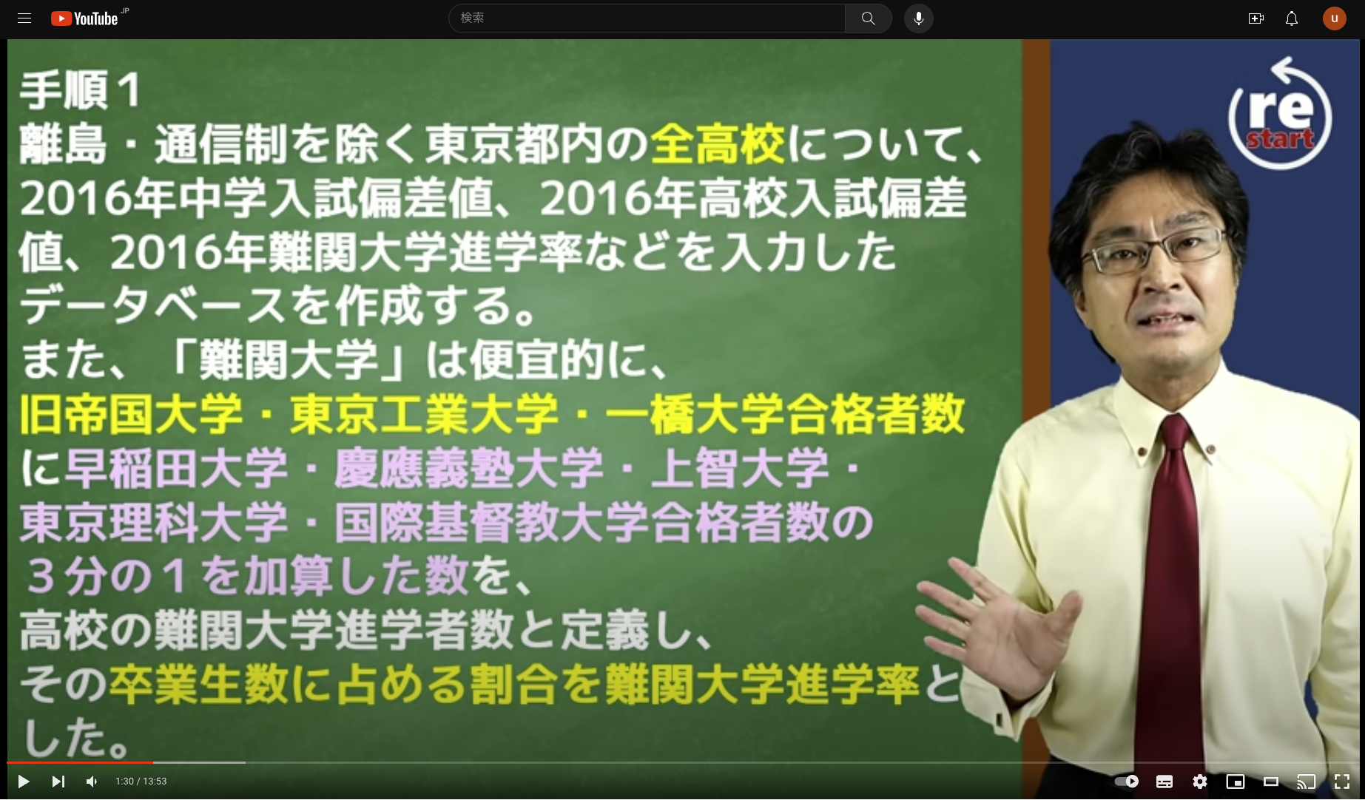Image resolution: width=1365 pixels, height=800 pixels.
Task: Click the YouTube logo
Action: pyautogui.click(x=85, y=18)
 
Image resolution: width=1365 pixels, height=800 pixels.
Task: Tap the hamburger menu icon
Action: pyautogui.click(x=24, y=18)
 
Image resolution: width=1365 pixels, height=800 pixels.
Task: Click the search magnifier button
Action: pyautogui.click(x=868, y=18)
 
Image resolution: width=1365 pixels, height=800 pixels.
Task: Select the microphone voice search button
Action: pyautogui.click(x=919, y=18)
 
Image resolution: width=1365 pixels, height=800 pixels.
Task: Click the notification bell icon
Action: pyautogui.click(x=1292, y=18)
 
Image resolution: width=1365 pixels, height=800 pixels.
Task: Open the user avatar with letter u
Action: pyautogui.click(x=1335, y=18)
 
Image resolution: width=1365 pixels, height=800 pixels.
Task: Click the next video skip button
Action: pyautogui.click(x=58, y=782)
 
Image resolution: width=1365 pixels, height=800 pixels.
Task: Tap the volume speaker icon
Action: pyautogui.click(x=92, y=782)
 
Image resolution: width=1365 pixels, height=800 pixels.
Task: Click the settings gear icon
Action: pyautogui.click(x=1200, y=782)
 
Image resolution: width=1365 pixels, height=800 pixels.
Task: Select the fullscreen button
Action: pyautogui.click(x=1342, y=782)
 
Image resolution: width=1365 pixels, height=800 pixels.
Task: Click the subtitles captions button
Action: pyautogui.click(x=1165, y=782)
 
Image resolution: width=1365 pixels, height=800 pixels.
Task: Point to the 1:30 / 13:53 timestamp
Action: pyautogui.click(x=141, y=782)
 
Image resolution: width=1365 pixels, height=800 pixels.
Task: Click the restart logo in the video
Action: pyautogui.click(x=1280, y=115)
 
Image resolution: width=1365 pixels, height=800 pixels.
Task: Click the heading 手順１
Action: pyautogui.click(x=80, y=91)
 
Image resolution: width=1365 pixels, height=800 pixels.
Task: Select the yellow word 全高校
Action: pyautogui.click(x=718, y=144)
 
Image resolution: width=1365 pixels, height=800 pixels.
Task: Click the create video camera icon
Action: pyautogui.click(x=1256, y=18)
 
